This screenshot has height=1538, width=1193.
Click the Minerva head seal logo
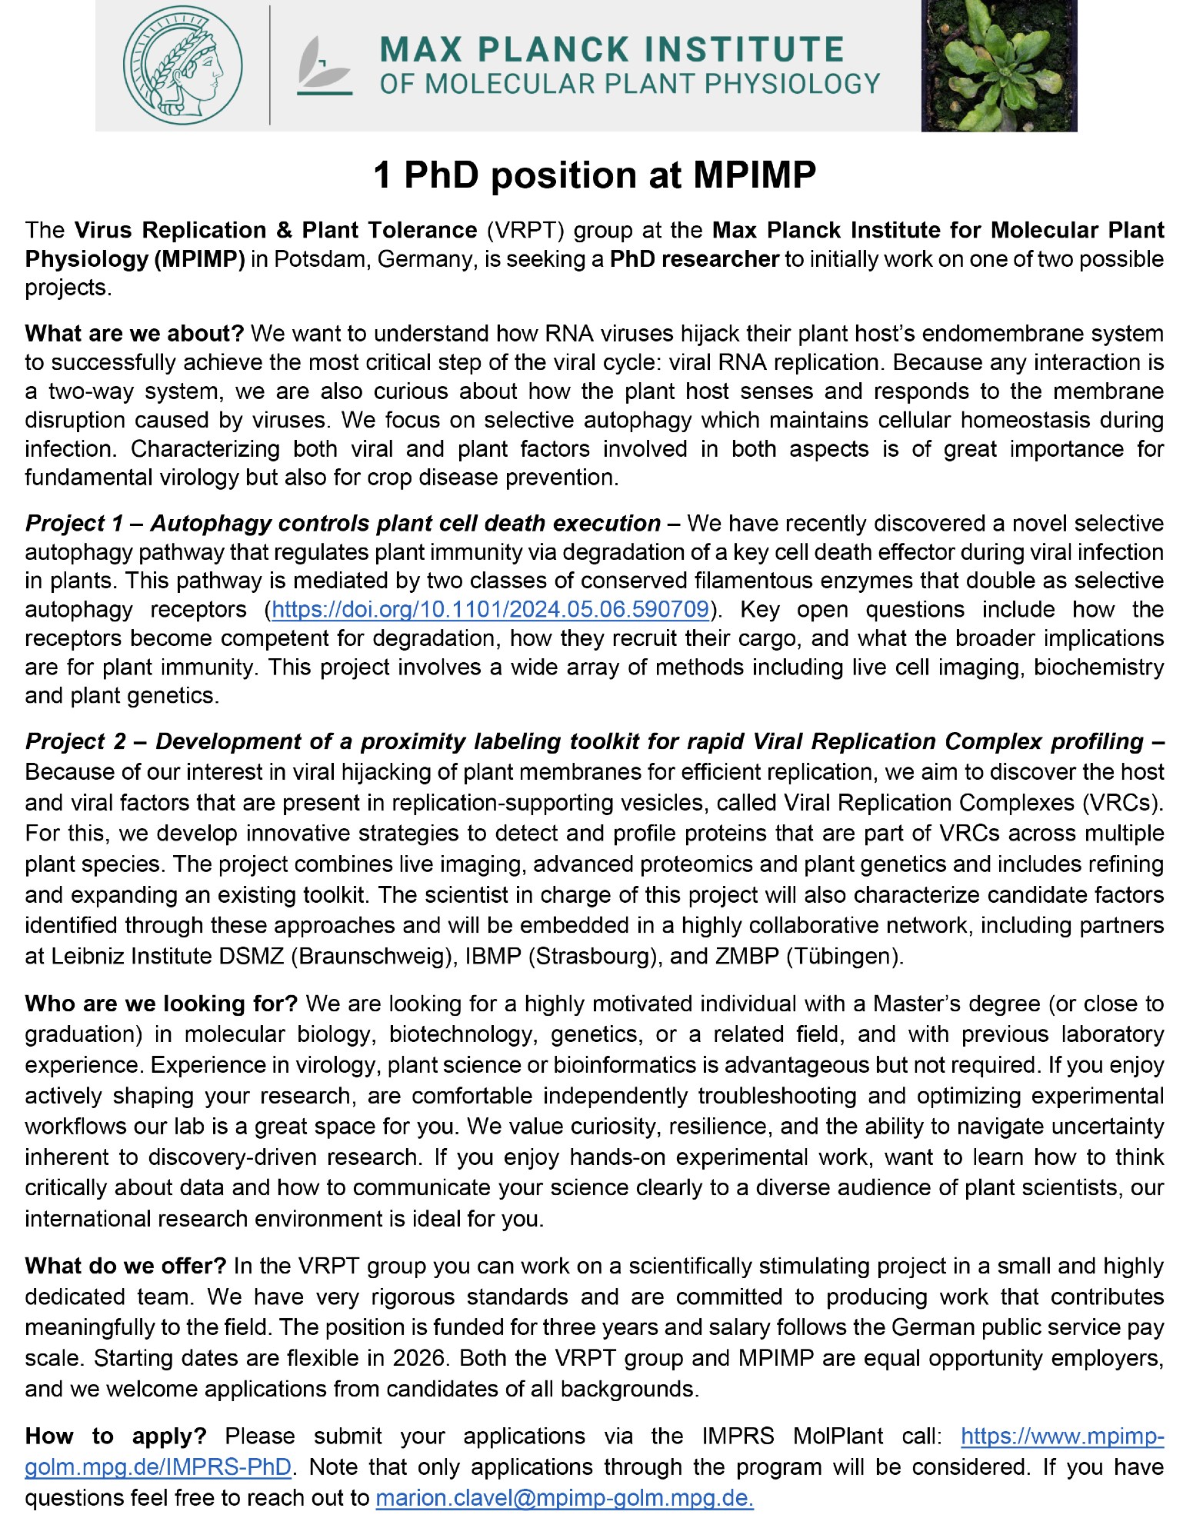[x=183, y=65]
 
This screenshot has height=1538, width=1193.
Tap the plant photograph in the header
[x=998, y=65]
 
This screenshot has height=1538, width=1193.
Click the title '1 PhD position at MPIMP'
[x=595, y=175]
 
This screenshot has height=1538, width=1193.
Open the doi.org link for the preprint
[x=490, y=610]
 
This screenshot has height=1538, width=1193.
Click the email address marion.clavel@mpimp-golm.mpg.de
[x=564, y=1498]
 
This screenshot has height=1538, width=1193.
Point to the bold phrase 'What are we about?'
[x=134, y=334]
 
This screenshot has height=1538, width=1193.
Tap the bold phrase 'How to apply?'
[x=115, y=1436]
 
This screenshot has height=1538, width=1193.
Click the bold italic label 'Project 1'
[x=74, y=524]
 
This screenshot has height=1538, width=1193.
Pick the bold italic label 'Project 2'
[x=75, y=741]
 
